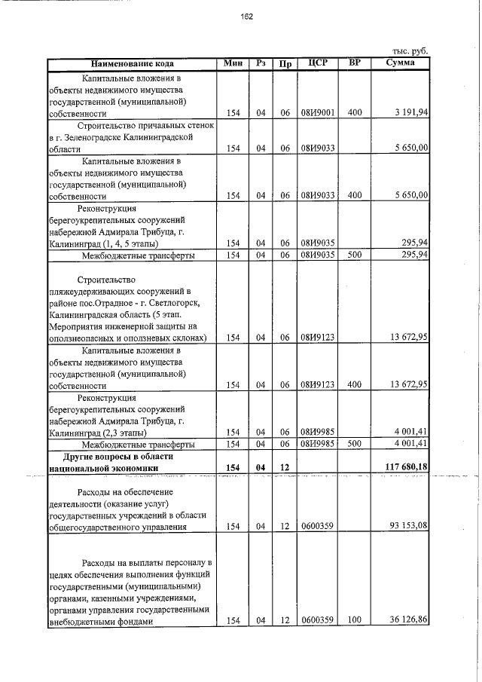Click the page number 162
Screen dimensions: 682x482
pyautogui.click(x=247, y=17)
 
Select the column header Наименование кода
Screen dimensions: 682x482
pyautogui.click(x=133, y=63)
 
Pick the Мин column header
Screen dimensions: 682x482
pyautogui.click(x=233, y=63)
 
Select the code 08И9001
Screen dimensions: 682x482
pyautogui.click(x=317, y=112)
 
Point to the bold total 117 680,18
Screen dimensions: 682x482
pyautogui.click(x=404, y=468)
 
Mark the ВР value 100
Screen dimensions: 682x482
pyautogui.click(x=355, y=620)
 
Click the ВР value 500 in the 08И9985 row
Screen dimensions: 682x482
pyautogui.click(x=355, y=444)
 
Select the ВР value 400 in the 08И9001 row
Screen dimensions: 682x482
pyautogui.click(x=355, y=112)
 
